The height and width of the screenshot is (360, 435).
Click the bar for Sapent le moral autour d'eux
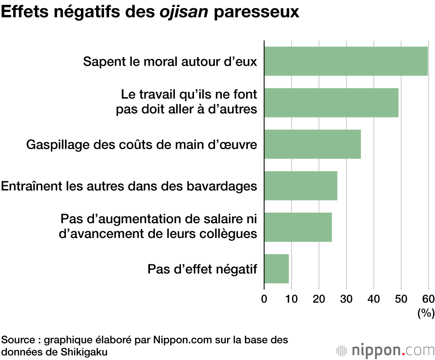pyautogui.click(x=346, y=61)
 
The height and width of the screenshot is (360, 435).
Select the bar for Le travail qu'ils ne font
pyautogui.click(x=331, y=103)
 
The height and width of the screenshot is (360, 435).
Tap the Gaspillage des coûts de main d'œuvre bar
pyautogui.click(x=312, y=144)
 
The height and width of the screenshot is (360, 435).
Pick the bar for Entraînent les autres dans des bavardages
pyautogui.click(x=301, y=186)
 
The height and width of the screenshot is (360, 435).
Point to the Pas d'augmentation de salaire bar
pyautogui.click(x=298, y=227)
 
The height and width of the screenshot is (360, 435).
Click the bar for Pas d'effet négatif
pyautogui.click(x=276, y=269)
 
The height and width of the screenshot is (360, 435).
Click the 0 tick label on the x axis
pyautogui.click(x=264, y=299)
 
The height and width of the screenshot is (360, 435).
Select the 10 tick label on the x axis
pyautogui.click(x=291, y=299)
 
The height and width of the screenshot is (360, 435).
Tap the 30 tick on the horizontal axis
pyautogui.click(x=346, y=299)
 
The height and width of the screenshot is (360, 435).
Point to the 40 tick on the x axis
pyautogui.click(x=374, y=299)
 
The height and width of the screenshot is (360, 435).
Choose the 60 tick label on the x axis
pyautogui.click(x=428, y=299)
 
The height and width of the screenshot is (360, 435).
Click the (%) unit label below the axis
pyautogui.click(x=426, y=313)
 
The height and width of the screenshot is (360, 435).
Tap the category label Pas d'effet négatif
pyautogui.click(x=202, y=269)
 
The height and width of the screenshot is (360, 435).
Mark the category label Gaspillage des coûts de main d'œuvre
pyautogui.click(x=142, y=144)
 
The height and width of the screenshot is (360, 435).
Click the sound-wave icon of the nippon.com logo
pyautogui.click(x=342, y=350)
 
